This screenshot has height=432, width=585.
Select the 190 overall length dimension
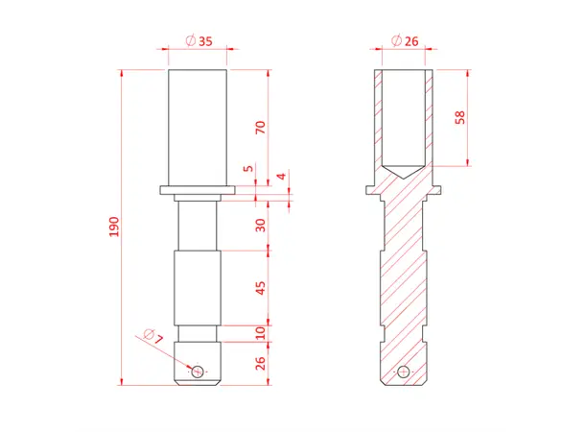point(114,227)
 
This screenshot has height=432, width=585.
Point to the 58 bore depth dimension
point(460,116)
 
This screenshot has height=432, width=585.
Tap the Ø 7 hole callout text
point(154,337)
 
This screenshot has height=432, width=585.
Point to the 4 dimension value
point(281,177)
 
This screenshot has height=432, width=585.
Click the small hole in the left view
point(198,371)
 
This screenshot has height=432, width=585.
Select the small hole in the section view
point(404,371)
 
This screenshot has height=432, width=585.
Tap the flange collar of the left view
point(198,189)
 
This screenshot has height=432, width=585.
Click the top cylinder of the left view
point(198,125)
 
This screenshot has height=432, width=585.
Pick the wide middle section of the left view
point(198,286)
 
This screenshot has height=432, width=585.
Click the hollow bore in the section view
point(404,115)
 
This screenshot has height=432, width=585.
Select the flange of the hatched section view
point(404,189)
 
